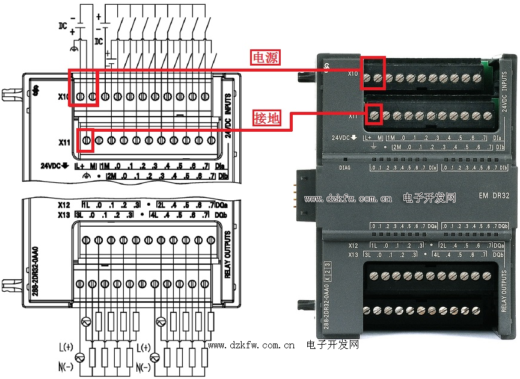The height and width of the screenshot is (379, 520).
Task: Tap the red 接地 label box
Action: tap(267, 119)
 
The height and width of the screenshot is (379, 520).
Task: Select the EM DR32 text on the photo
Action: tap(494, 196)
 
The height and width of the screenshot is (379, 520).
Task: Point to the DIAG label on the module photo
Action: tap(344, 168)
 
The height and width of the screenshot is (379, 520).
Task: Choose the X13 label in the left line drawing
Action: tap(64, 215)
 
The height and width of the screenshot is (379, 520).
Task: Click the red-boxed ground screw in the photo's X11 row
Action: tap(375, 114)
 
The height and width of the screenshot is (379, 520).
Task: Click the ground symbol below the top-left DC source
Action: tap(75, 47)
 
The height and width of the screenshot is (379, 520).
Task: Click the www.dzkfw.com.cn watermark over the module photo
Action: tap(349, 197)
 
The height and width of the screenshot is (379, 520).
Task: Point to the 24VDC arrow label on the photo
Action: tap(345, 138)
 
